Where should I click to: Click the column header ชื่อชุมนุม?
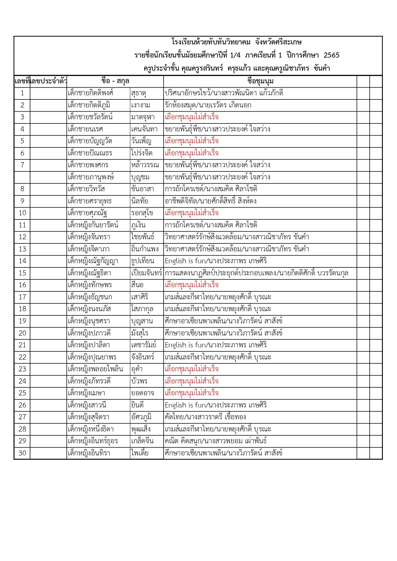click(x=260, y=81)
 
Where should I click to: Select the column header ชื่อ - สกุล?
click(x=115, y=81)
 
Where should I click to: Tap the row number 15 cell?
click(x=22, y=273)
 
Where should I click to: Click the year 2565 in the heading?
click(x=331, y=55)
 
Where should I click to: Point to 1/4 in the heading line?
click(x=235, y=55)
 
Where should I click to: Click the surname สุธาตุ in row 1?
click(x=139, y=93)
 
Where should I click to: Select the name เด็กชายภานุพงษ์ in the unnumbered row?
click(x=91, y=177)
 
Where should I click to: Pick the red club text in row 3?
click(x=191, y=117)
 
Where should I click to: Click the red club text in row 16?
click(x=191, y=285)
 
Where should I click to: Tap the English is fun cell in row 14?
click(x=216, y=261)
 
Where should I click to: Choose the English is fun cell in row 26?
click(x=216, y=405)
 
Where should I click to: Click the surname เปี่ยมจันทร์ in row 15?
click(x=147, y=273)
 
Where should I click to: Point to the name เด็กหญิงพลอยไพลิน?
click(x=95, y=369)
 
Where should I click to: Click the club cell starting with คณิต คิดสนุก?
click(x=216, y=441)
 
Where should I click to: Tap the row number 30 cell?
click(x=22, y=453)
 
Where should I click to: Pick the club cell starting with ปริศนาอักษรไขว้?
click(x=224, y=93)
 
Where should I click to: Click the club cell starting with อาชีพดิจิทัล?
click(x=210, y=201)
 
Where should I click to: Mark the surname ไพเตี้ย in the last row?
click(x=140, y=453)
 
